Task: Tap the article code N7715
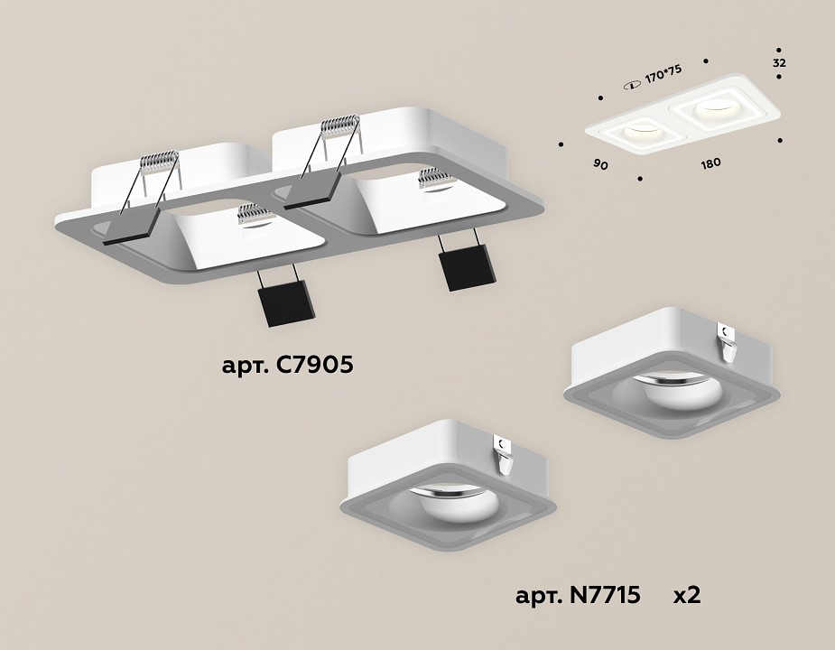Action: click(578, 595)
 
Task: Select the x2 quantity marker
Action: click(687, 595)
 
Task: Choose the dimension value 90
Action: click(599, 163)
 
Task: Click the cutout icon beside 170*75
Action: click(631, 84)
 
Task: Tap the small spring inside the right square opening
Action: click(434, 179)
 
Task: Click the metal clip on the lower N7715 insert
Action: click(504, 455)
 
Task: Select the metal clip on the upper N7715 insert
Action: click(728, 339)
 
